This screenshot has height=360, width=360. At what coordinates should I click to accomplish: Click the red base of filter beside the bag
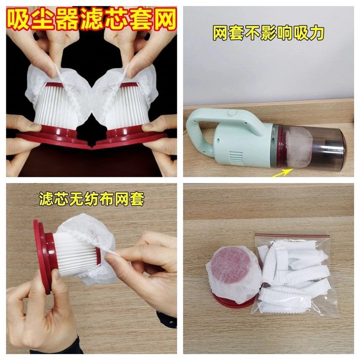pyautogui.click(x=232, y=302)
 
